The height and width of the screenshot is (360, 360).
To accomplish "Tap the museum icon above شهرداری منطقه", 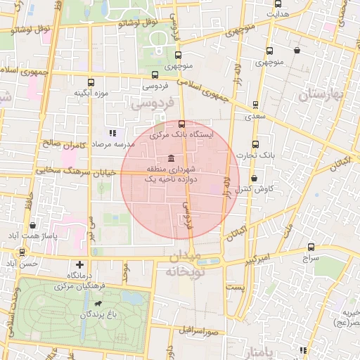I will (x=172, y=158).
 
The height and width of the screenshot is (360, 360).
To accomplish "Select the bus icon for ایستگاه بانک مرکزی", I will (x=182, y=123).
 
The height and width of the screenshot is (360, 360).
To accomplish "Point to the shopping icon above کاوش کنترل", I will (x=254, y=178).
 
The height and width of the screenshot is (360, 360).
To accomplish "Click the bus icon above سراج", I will (x=311, y=247).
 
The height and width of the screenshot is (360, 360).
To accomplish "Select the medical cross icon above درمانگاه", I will (x=79, y=264).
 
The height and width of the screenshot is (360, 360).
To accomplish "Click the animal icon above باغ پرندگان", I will (x=94, y=304).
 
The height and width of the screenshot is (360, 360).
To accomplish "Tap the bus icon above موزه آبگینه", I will (x=89, y=82).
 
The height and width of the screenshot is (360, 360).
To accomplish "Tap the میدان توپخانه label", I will (x=185, y=263).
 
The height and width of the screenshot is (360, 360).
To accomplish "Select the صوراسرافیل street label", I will (x=199, y=329).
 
